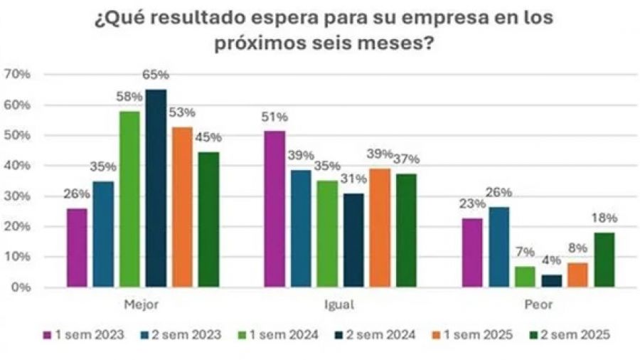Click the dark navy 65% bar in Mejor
[x=156, y=189]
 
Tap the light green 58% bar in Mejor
[x=129, y=199]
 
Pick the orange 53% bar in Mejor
[x=182, y=207]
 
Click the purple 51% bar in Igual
[x=274, y=209]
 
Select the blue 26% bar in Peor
[x=499, y=247]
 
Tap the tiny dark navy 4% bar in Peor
[x=551, y=281]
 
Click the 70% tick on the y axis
[x=17, y=75]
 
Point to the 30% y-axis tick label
[x=17, y=196]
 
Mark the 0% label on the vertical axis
[x=20, y=287]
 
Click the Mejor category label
[x=141, y=305]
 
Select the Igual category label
[x=340, y=305]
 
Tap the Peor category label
[x=538, y=305]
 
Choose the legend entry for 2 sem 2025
[x=570, y=334]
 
